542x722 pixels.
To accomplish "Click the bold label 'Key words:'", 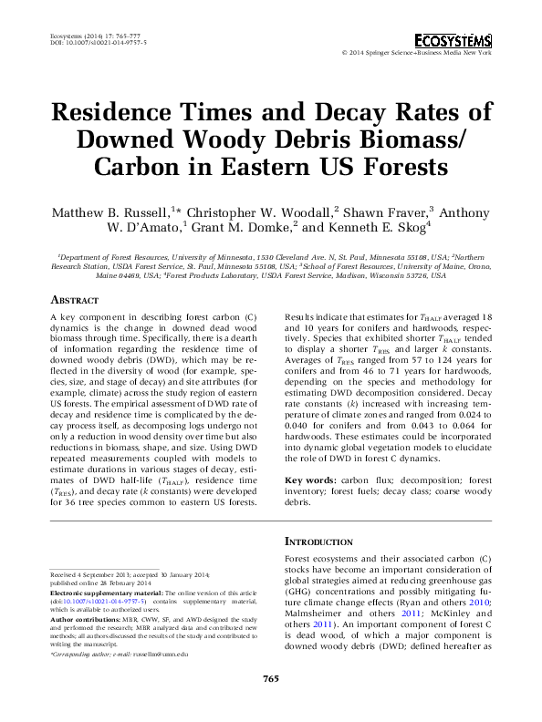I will [311, 480].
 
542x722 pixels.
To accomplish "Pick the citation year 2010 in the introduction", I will [481, 603].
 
